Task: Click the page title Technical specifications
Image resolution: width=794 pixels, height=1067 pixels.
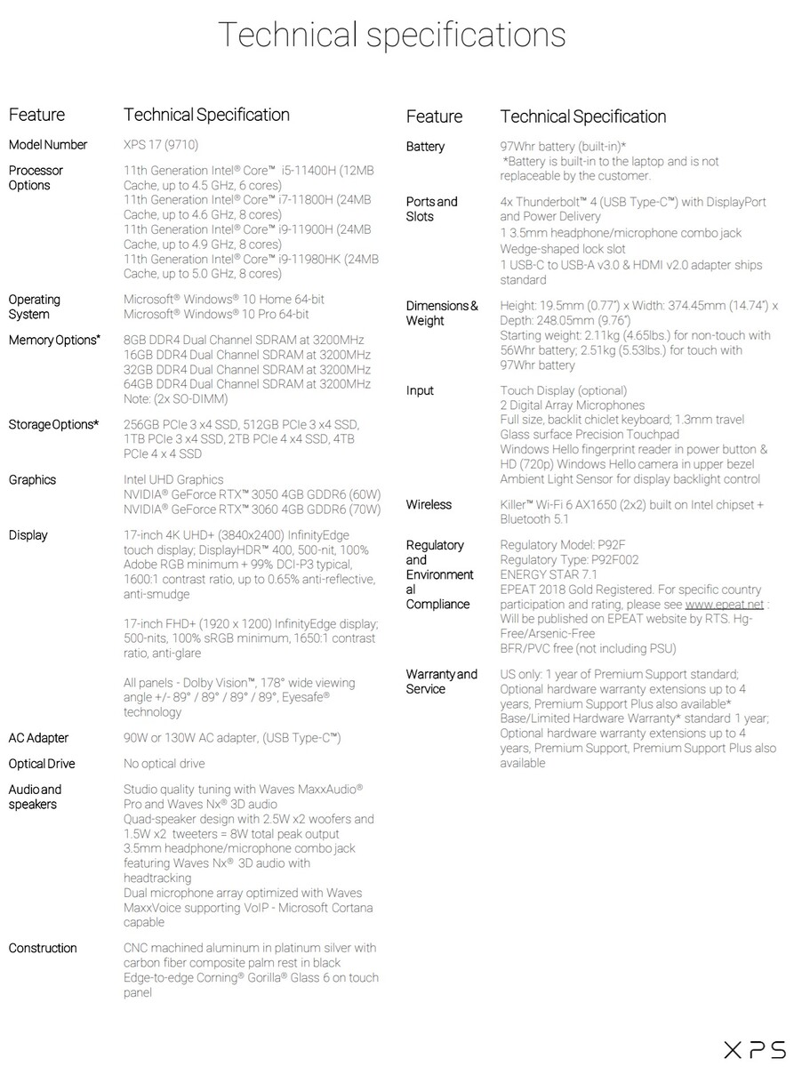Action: click(x=391, y=35)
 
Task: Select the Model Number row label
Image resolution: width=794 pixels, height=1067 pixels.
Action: click(x=48, y=145)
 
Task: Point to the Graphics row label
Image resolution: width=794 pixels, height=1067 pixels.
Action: click(x=32, y=480)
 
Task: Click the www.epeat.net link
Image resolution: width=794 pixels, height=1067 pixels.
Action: click(x=724, y=605)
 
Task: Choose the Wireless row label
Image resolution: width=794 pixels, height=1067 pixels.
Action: click(x=429, y=505)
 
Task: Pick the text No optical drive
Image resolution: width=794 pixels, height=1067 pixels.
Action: click(x=164, y=764)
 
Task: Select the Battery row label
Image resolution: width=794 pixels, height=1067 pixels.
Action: click(x=425, y=147)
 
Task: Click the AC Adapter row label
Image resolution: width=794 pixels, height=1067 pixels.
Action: click(x=38, y=738)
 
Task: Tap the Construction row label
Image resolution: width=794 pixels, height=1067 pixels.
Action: click(x=43, y=948)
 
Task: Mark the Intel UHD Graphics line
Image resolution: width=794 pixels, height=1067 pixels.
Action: click(x=173, y=480)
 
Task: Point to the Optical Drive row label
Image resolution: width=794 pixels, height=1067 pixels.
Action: click(x=42, y=764)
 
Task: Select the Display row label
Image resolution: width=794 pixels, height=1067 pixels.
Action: click(x=28, y=535)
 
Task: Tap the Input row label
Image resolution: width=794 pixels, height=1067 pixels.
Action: click(x=420, y=390)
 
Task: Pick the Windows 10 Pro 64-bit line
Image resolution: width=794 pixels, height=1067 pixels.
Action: click(x=216, y=315)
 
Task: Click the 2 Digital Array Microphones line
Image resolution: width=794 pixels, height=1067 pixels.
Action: click(x=573, y=405)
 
